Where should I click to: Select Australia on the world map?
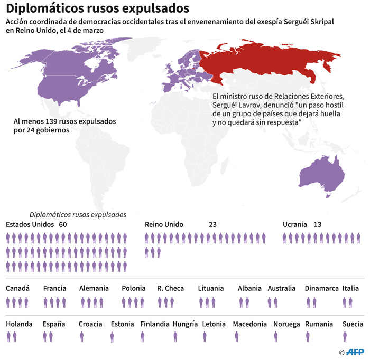pyautogui.click(x=320, y=175)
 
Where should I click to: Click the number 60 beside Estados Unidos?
pyautogui.click(x=63, y=224)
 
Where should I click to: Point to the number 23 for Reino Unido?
pyautogui.click(x=213, y=224)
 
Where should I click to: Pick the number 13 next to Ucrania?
pyautogui.click(x=317, y=224)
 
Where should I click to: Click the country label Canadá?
pyautogui.click(x=17, y=289)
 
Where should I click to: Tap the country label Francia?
pyautogui.click(x=54, y=289)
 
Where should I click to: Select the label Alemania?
pyautogui.click(x=94, y=289)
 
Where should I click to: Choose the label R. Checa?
pyautogui.click(x=170, y=289)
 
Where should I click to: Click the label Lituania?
pyautogui.click(x=211, y=289)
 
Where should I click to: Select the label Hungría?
pyautogui.click(x=185, y=324)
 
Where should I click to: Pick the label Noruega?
pyautogui.click(x=286, y=324)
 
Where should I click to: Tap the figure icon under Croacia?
pyautogui.click(x=82, y=336)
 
